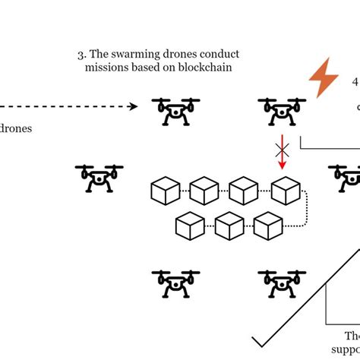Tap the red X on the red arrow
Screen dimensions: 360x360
click(x=282, y=146)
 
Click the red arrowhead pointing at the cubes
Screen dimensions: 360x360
click(x=282, y=164)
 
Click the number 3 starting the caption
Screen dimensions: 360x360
click(x=81, y=54)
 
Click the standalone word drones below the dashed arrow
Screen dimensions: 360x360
click(x=15, y=128)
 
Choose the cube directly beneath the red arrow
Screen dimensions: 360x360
click(x=285, y=190)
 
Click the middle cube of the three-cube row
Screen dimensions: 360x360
click(x=229, y=225)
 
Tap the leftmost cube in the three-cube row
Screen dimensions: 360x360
click(x=188, y=225)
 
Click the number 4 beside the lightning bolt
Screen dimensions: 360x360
click(x=355, y=81)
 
